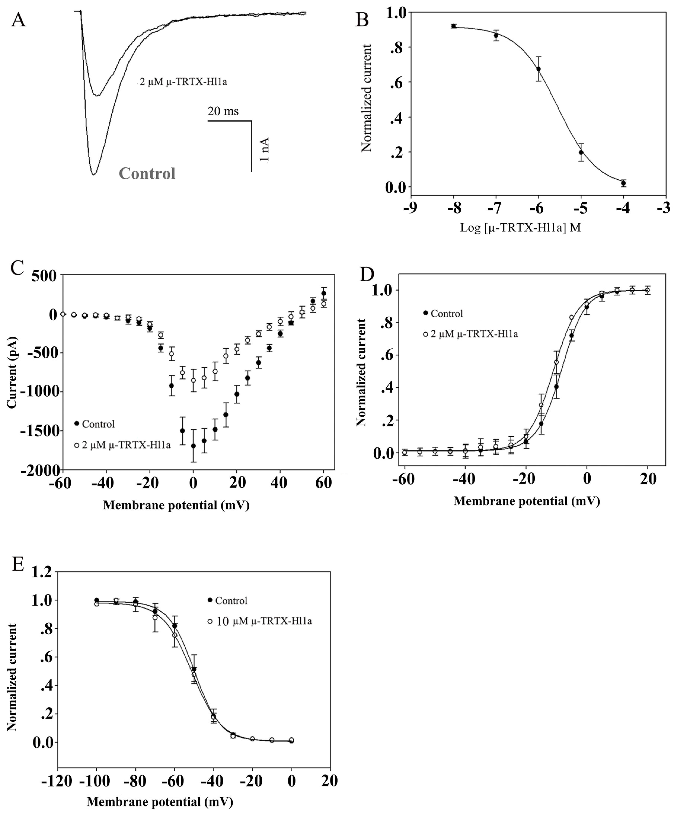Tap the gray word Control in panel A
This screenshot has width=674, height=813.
147,173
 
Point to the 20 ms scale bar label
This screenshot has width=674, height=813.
223,111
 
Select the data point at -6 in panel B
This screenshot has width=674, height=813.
538,69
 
